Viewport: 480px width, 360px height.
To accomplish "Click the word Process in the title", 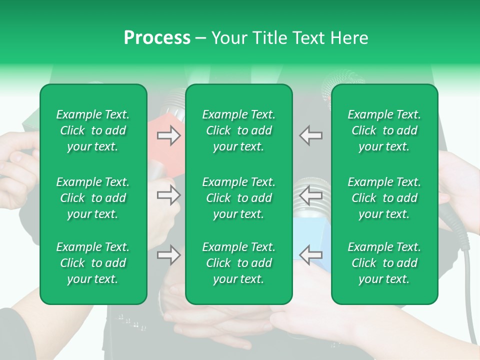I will (x=157, y=37).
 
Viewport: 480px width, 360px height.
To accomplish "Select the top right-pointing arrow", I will (x=169, y=135).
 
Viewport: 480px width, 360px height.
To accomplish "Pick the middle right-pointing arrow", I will (x=169, y=195).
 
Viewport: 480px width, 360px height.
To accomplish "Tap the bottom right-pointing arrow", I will (x=169, y=255).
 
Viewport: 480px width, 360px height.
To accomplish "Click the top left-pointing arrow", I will (x=310, y=135).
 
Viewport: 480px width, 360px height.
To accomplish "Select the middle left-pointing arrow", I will (x=310, y=195).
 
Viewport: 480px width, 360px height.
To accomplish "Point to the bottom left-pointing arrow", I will (x=310, y=255).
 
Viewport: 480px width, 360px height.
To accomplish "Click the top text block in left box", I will (x=93, y=130).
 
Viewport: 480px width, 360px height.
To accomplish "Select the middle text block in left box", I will (x=93, y=198).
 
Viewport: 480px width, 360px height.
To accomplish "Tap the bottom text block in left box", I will (x=93, y=263).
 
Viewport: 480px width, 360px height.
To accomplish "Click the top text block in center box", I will (x=239, y=130).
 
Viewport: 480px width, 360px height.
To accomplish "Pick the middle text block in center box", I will (x=239, y=198).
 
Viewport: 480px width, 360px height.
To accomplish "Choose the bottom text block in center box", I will (x=239, y=263).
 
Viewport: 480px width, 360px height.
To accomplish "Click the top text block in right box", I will (x=384, y=130).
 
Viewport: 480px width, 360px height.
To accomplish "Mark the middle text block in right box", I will (x=384, y=198).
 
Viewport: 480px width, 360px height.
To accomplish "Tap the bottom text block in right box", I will (x=384, y=263).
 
